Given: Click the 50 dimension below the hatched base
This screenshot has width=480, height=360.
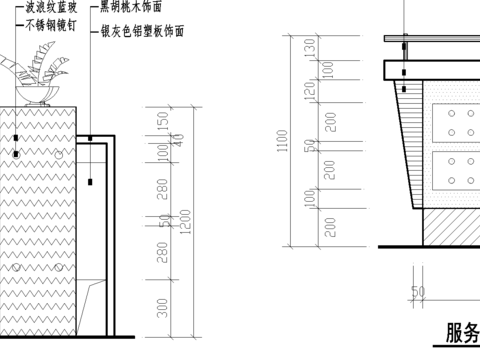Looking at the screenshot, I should (x=418, y=292).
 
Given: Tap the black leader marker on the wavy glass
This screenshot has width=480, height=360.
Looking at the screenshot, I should (x=16, y=154).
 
